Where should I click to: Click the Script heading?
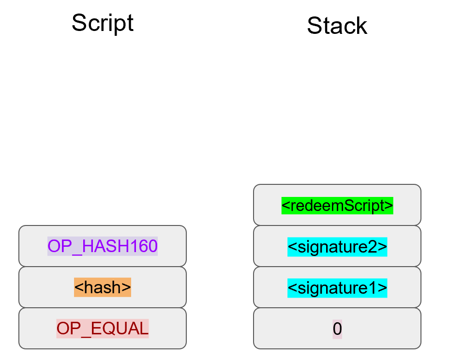coord(103,23)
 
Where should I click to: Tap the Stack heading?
coord(337,25)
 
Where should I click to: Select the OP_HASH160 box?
coord(103,246)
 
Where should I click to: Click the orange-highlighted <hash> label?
coord(103,287)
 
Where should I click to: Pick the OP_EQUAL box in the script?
coord(103,329)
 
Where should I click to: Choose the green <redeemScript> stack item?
coord(337,205)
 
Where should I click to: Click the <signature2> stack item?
coord(337,247)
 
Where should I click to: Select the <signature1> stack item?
coord(337,288)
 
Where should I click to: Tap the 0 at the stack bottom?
coord(337,329)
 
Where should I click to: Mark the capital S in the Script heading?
coord(79,23)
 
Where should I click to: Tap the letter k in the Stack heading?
coord(360,25)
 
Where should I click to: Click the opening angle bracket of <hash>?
coord(78,288)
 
